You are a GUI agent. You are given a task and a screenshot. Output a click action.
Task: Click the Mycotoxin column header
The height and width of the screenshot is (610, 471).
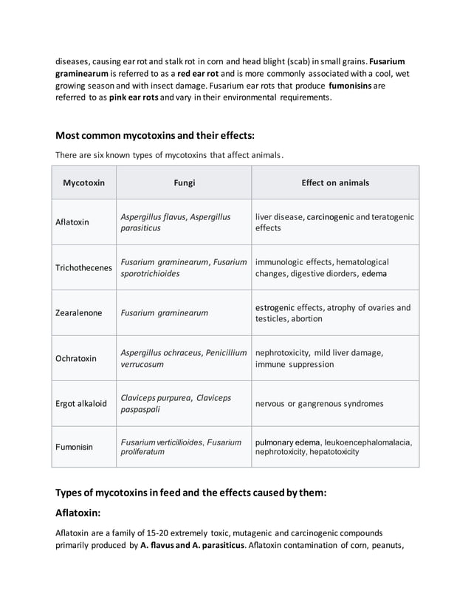83,182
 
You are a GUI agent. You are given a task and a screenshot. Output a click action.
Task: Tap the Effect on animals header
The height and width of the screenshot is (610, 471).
335,182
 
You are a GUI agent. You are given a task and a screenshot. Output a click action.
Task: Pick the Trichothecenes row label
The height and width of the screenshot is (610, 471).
83,267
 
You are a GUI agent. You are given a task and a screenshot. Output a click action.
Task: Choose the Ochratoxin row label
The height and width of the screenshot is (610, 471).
76,358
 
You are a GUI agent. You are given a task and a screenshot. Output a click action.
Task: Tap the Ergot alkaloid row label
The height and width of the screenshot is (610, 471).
81,403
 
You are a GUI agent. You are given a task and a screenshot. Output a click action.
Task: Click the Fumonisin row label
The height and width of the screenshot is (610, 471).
75,447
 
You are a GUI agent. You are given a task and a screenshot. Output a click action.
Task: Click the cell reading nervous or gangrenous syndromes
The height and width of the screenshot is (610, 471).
319,403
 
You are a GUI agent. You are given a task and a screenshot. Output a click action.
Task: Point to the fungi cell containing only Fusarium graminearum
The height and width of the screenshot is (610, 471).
163,312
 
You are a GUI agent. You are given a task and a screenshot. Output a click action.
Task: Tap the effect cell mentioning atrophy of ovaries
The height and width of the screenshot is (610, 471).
332,312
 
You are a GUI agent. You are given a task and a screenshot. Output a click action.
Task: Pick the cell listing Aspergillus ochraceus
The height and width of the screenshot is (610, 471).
183,358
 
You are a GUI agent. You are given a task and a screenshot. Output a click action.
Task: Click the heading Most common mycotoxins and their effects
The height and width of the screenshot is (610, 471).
155,136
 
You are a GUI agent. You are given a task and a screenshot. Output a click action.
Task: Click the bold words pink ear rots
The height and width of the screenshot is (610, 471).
133,97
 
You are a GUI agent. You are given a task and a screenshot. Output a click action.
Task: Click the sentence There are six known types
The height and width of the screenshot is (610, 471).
169,155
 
